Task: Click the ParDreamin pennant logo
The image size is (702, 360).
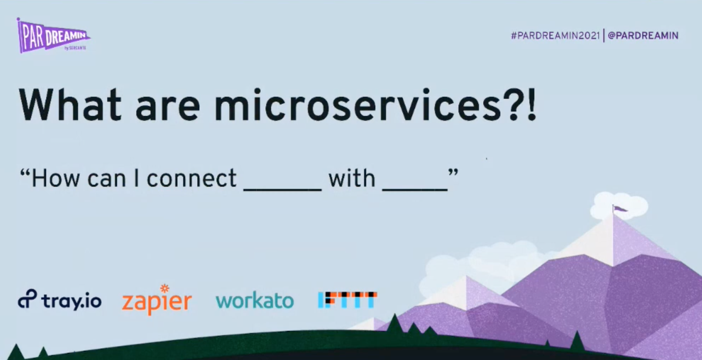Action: (x=52, y=36)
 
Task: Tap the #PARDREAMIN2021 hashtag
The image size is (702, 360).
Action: (x=555, y=35)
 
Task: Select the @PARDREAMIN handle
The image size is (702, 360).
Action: (x=643, y=35)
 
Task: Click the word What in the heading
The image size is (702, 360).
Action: (x=70, y=105)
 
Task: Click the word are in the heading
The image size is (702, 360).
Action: (x=168, y=109)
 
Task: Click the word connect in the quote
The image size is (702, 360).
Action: (x=191, y=178)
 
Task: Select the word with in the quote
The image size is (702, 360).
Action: (x=352, y=178)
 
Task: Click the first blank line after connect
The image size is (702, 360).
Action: (x=283, y=189)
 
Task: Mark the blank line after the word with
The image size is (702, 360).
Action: (x=415, y=189)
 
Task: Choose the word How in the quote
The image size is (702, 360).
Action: (x=56, y=178)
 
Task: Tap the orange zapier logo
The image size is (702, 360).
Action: (x=157, y=300)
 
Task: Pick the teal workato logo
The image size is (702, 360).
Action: (x=254, y=300)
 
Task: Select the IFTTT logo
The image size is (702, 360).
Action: (x=348, y=300)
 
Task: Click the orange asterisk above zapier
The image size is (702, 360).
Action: (x=165, y=288)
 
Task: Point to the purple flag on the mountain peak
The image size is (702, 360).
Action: (x=619, y=208)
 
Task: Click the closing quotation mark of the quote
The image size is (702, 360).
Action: (x=453, y=172)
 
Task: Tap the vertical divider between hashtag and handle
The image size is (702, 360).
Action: (x=604, y=35)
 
